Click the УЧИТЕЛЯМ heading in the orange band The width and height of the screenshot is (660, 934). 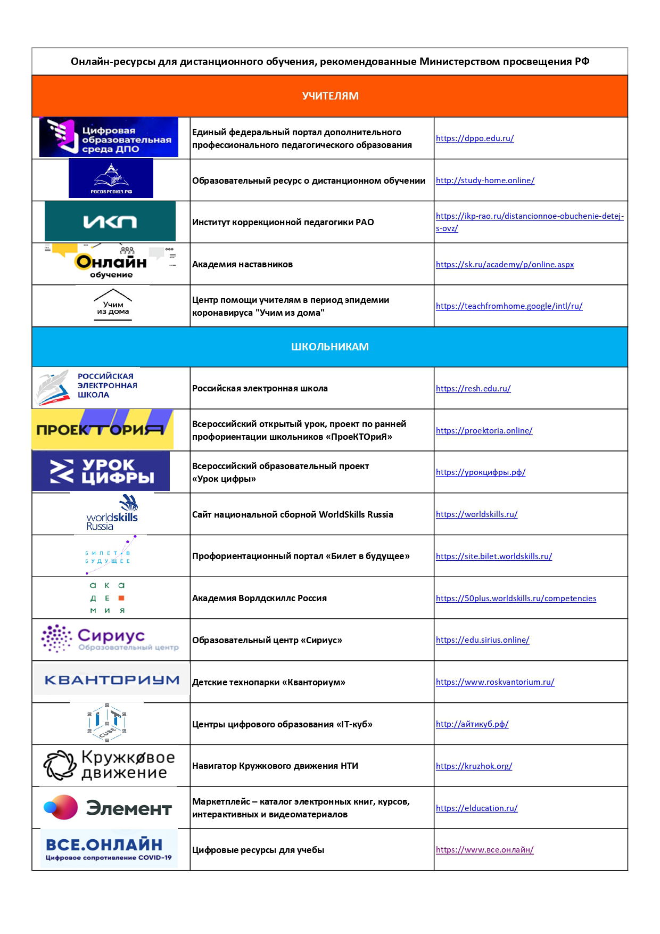pyautogui.click(x=330, y=96)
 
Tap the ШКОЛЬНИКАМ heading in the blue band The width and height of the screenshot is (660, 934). pyautogui.click(x=330, y=347)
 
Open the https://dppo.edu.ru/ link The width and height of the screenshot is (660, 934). pyautogui.click(x=475, y=138)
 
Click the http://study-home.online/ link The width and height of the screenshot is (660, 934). pyautogui.click(x=485, y=181)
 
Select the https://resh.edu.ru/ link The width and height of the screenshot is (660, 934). pyautogui.click(x=473, y=389)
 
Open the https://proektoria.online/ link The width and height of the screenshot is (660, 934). pyautogui.click(x=484, y=431)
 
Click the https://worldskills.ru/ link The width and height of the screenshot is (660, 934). pyautogui.click(x=476, y=514)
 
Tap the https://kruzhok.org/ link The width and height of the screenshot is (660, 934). pyautogui.click(x=474, y=766)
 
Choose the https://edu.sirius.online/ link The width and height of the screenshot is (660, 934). pyautogui.click(x=482, y=640)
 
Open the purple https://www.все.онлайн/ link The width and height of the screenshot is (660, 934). pyautogui.click(x=484, y=850)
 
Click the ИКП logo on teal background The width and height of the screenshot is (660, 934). pyautogui.click(x=110, y=222)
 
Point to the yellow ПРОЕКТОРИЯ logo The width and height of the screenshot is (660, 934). pyautogui.click(x=102, y=429)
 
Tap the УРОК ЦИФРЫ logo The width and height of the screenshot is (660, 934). pyautogui.click(x=101, y=471)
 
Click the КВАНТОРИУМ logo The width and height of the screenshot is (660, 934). pyautogui.click(x=112, y=680)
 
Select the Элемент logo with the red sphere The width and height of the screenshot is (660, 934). pyautogui.click(x=108, y=808)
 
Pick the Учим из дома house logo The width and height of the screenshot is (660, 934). pyautogui.click(x=113, y=306)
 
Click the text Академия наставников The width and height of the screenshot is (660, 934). pyautogui.click(x=242, y=265)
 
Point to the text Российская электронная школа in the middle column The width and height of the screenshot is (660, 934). pyautogui.click(x=260, y=389)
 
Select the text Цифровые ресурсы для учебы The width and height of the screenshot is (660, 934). pyautogui.click(x=258, y=850)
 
